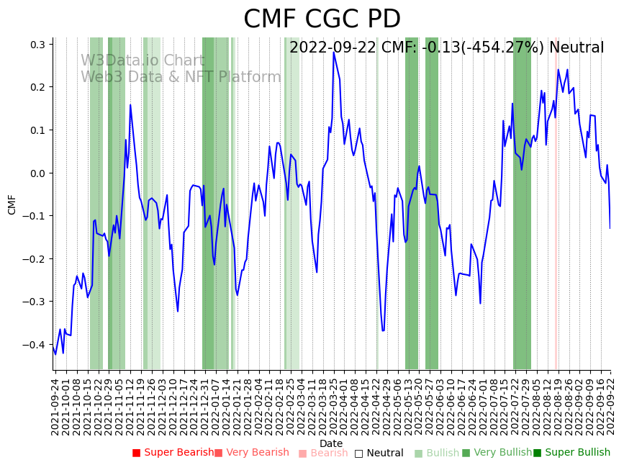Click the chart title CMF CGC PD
[322, 19]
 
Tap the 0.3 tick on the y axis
[37, 45]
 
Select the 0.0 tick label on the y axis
[37, 173]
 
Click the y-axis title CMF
[12, 204]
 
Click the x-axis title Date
[331, 443]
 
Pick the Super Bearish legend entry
[173, 453]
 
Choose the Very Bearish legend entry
[252, 453]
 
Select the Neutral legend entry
[379, 453]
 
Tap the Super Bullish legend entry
[572, 453]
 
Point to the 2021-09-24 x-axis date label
[55, 406]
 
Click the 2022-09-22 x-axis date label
[611, 406]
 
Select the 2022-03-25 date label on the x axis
[333, 406]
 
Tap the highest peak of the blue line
[333, 53]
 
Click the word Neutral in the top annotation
[576, 48]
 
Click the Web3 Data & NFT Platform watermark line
[181, 78]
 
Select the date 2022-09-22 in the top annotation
[332, 48]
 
